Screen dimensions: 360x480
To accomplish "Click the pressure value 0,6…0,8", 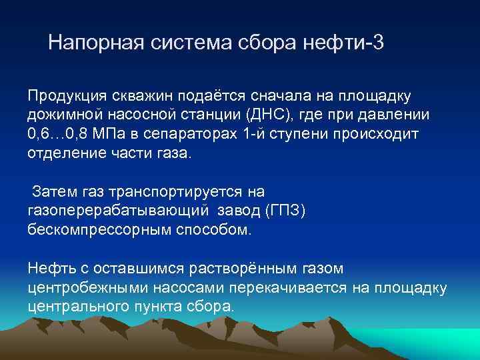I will click(x=63, y=133).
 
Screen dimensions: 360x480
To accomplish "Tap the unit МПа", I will click(x=122, y=133).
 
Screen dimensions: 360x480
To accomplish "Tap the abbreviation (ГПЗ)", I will click(x=285, y=211).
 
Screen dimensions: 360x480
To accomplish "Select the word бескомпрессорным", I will click(x=95, y=230).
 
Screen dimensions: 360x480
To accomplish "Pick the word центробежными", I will click(x=82, y=287).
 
